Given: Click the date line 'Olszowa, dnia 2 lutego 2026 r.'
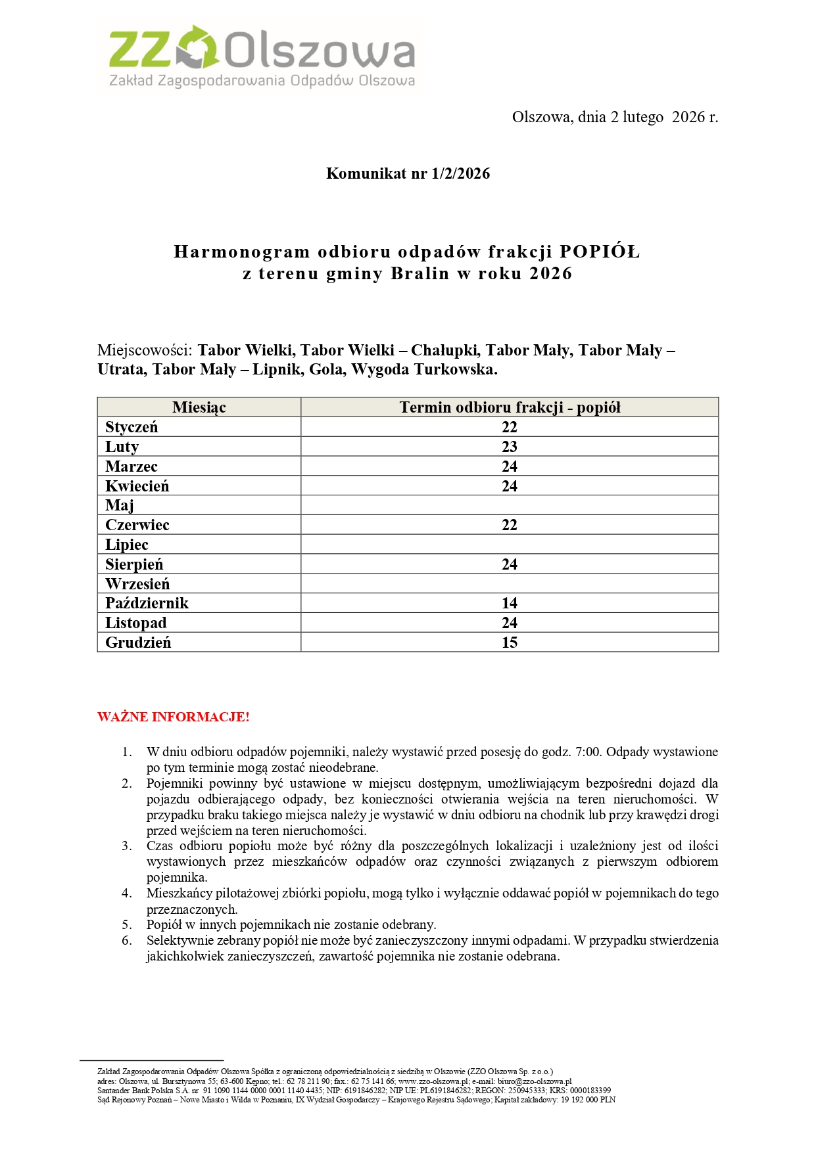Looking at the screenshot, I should pyautogui.click(x=615, y=117).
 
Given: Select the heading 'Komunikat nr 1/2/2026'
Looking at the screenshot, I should pyautogui.click(x=408, y=173).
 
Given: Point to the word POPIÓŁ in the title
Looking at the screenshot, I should pyautogui.click(x=599, y=252).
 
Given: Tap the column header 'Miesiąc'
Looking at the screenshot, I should pyautogui.click(x=199, y=407).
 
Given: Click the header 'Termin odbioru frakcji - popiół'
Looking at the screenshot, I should pyautogui.click(x=510, y=407).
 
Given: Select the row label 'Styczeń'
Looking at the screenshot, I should pyautogui.click(x=132, y=427).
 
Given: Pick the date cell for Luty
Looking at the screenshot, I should pyautogui.click(x=510, y=447).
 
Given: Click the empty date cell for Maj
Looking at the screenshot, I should pyautogui.click(x=510, y=505).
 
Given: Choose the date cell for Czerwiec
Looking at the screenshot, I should pyautogui.click(x=510, y=525).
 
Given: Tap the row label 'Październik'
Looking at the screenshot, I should pyautogui.click(x=147, y=603).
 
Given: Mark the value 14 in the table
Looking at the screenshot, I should pyautogui.click(x=510, y=603).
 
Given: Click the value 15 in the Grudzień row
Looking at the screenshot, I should pyautogui.click(x=510, y=643).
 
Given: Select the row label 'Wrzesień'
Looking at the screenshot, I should pyautogui.click(x=137, y=584).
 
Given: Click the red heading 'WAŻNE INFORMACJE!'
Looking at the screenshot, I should pyautogui.click(x=174, y=717).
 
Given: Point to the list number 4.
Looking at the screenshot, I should pyautogui.click(x=126, y=893).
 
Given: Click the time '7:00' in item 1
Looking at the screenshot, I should pyautogui.click(x=588, y=752).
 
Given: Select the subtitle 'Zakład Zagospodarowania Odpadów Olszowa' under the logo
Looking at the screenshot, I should pyautogui.click(x=262, y=81).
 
